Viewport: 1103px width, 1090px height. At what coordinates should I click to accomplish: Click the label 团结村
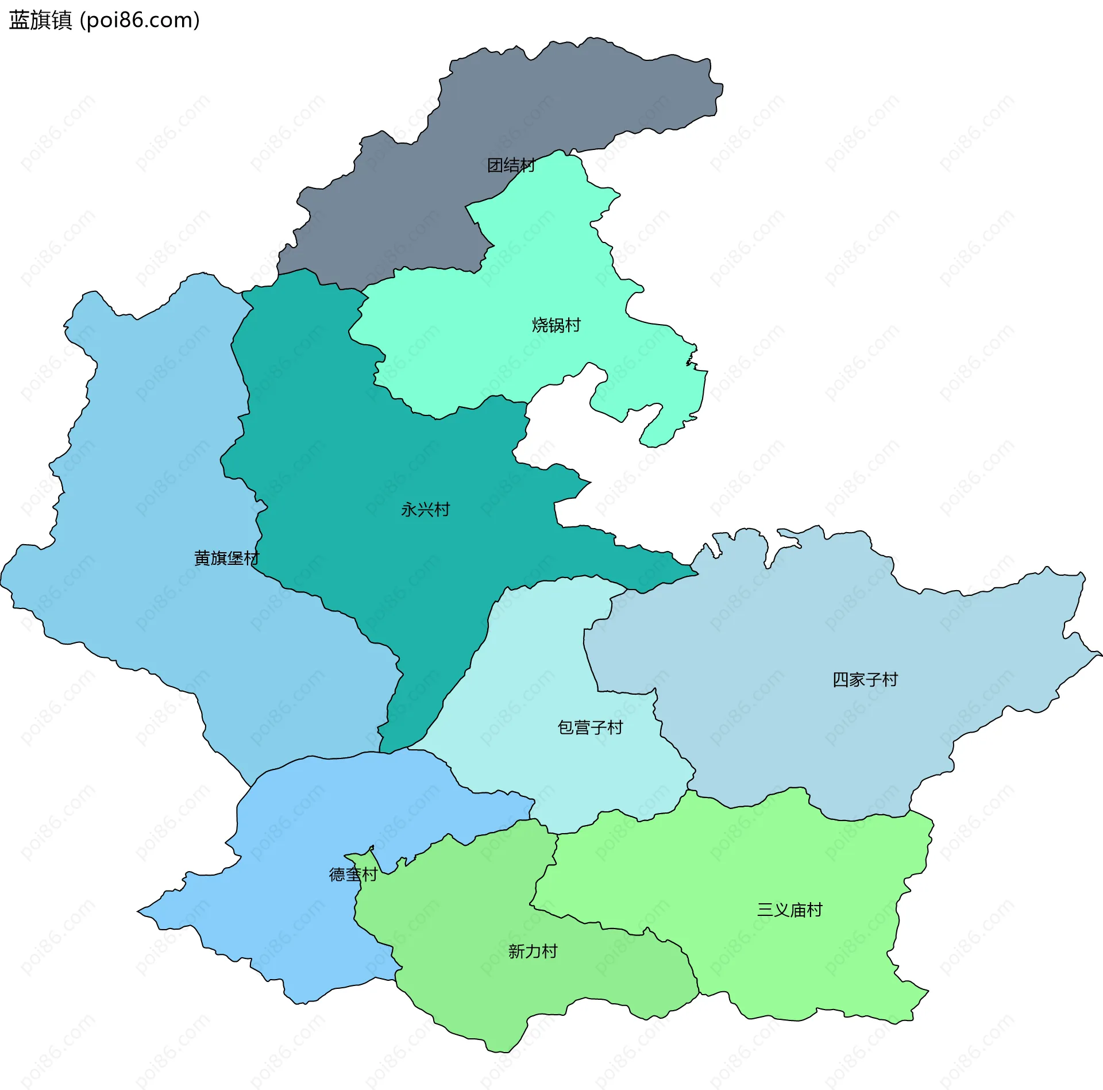511,165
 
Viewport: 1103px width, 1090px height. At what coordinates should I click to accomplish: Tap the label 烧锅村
556,325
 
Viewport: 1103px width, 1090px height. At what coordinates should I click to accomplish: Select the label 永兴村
425,510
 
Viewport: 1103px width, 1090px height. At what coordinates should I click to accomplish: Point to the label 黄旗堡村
226,558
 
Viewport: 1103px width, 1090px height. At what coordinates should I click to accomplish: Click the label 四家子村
865,680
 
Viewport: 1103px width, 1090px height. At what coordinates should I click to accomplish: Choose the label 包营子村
590,727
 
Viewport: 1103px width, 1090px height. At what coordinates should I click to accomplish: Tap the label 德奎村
353,875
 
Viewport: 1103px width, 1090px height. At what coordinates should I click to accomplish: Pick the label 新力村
533,952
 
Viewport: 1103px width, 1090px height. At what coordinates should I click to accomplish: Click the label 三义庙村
789,910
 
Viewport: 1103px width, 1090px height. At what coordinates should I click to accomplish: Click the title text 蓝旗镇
40,20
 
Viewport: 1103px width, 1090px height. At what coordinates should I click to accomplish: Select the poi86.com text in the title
140,20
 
